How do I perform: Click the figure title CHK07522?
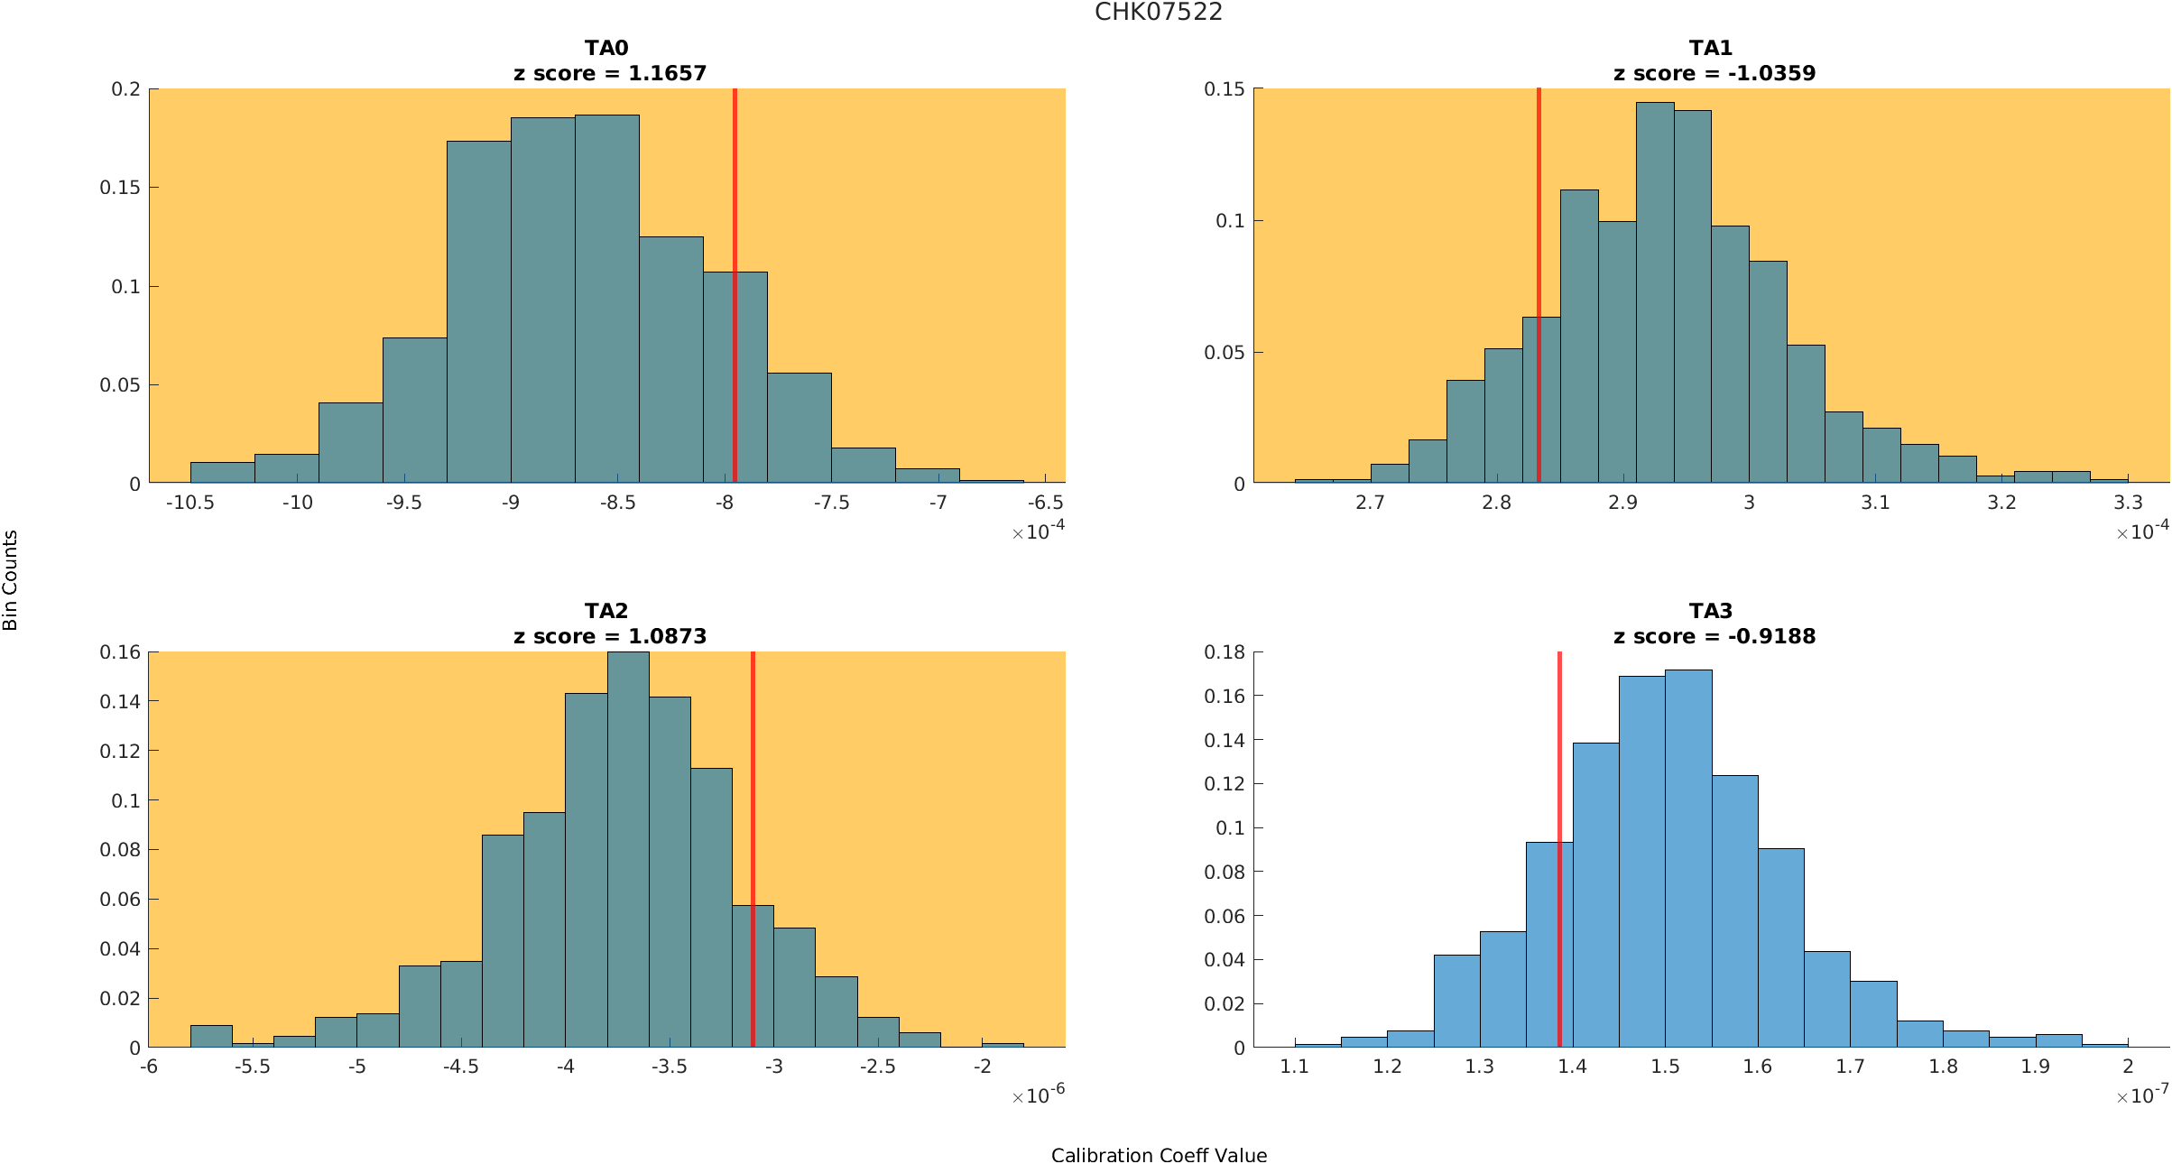pos(1159,13)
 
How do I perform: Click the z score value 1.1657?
pos(667,74)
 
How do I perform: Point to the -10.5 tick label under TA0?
pos(189,503)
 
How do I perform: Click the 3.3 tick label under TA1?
pos(2128,503)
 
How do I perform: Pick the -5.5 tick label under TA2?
pos(253,1067)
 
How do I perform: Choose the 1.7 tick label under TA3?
pos(1850,1067)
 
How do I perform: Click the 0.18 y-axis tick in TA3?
pos(1225,652)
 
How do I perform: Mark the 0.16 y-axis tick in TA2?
pos(120,652)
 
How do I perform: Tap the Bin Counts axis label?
pos(10,580)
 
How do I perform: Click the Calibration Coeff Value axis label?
pos(1159,1156)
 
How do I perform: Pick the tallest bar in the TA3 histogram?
pos(1688,857)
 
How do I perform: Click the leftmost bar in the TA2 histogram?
pos(211,1037)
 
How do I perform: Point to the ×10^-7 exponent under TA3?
pos(2142,1095)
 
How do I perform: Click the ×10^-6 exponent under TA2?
pos(1038,1095)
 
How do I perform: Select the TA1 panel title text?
pos(1710,48)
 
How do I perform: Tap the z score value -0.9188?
pos(1771,637)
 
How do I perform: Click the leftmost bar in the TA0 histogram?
pos(222,473)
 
